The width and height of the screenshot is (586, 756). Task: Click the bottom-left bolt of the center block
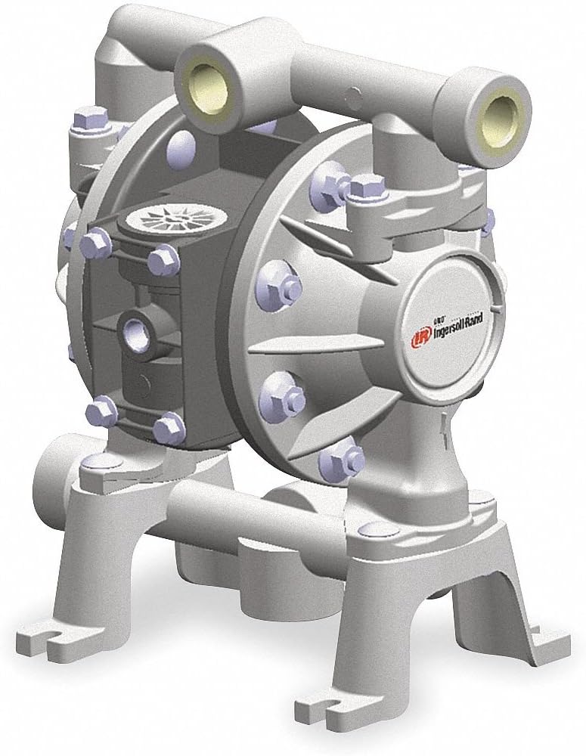pyautogui.click(x=100, y=413)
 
